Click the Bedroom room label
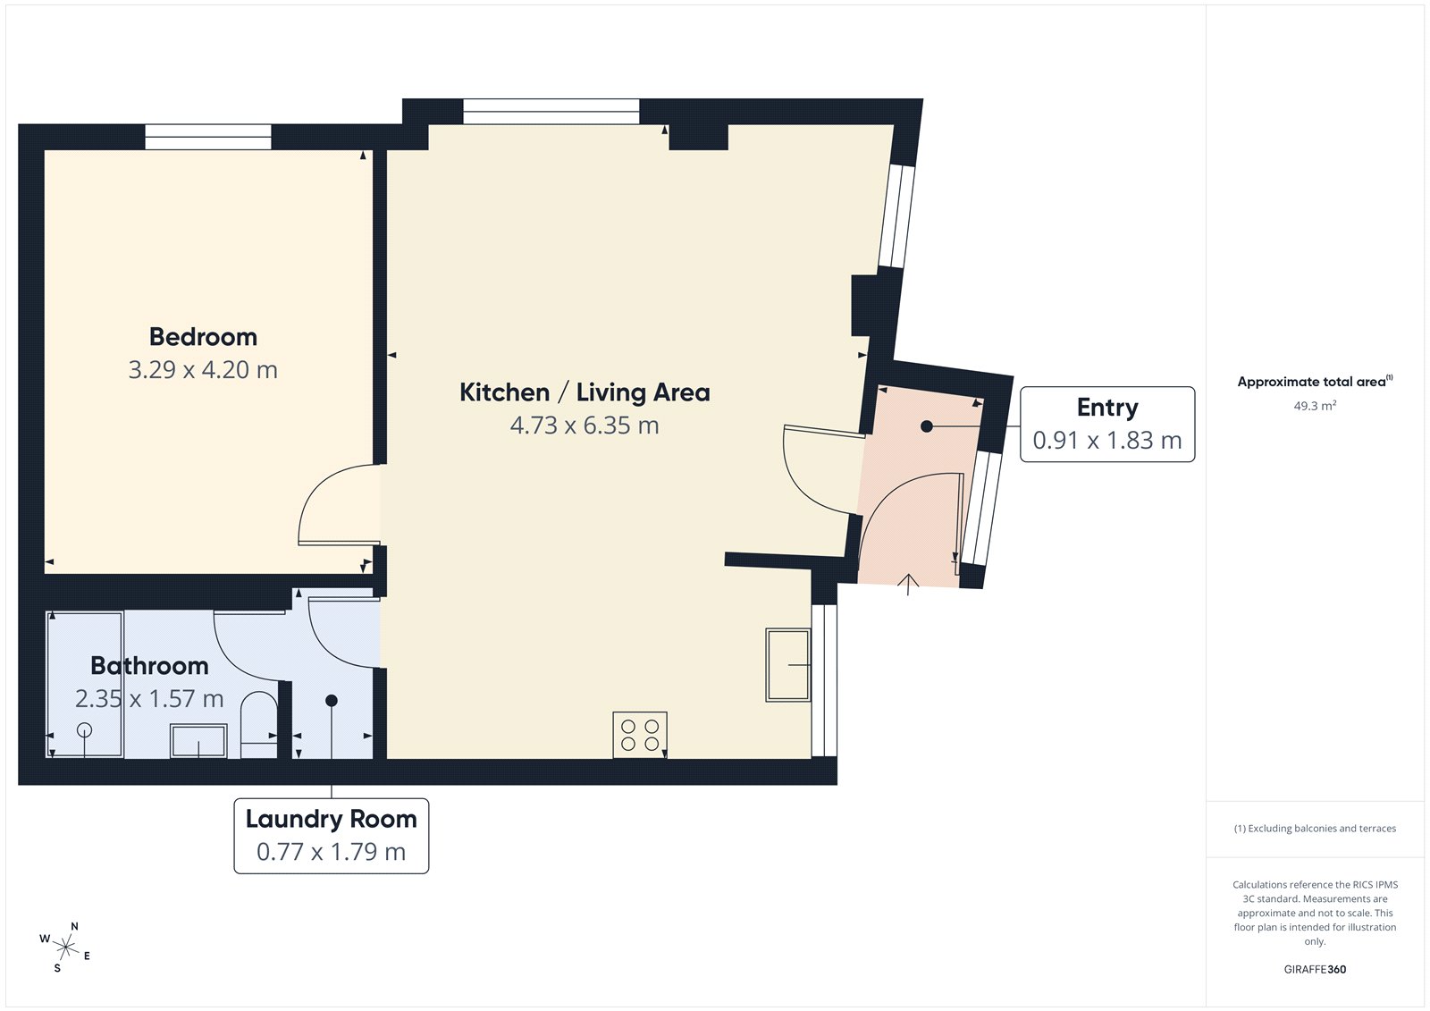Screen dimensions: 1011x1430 click(203, 337)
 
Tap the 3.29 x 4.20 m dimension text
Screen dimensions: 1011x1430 click(203, 370)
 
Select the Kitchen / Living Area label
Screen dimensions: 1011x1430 click(585, 392)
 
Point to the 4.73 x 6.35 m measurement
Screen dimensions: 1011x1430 click(585, 425)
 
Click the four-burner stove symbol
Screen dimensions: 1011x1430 click(640, 735)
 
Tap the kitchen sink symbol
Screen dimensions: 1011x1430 click(787, 665)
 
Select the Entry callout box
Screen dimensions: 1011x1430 click(1106, 424)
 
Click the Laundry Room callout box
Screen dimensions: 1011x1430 click(331, 835)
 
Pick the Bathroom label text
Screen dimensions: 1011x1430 click(149, 666)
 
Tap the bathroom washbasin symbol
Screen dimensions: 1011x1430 click(198, 742)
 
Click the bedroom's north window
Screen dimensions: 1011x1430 click(208, 137)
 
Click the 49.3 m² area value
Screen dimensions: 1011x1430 click(1315, 406)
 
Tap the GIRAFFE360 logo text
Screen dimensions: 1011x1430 click(1315, 969)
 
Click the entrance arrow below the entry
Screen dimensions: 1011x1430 click(908, 585)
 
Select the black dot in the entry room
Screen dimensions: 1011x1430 click(927, 426)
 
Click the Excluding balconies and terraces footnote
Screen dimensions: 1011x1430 click(1315, 829)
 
